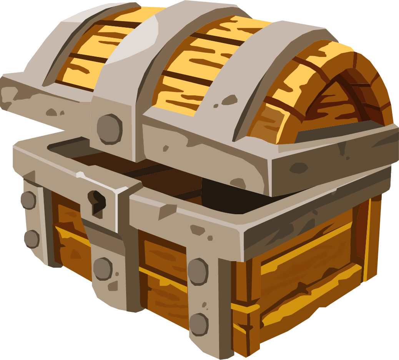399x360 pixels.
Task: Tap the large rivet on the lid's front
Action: click(x=109, y=129)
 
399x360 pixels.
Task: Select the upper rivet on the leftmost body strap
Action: click(x=28, y=200)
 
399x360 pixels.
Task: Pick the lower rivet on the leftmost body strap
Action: click(x=32, y=239)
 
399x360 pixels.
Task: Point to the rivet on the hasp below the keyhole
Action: click(x=102, y=268)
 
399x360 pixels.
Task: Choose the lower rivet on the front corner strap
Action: click(x=199, y=324)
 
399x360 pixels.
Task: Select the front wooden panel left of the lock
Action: click(x=69, y=238)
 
